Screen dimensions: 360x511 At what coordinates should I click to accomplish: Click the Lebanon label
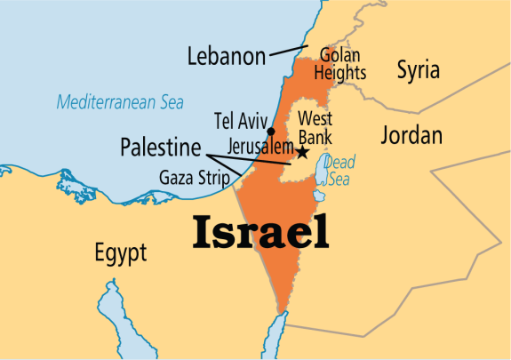tap(226, 57)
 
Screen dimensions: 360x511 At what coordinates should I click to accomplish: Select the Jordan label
tap(410, 135)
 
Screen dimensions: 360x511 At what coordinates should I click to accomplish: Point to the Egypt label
tap(120, 253)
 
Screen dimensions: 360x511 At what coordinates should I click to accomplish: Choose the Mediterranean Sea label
tap(120, 102)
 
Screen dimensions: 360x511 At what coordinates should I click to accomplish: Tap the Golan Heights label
tap(338, 64)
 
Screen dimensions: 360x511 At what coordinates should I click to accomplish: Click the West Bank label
tap(315, 126)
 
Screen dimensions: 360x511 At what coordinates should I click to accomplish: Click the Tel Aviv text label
tap(240, 119)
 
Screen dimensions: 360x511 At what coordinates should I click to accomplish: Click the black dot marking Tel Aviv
tap(270, 131)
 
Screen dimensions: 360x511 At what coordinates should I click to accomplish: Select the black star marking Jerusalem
tap(302, 153)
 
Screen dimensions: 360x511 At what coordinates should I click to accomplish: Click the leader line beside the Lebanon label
tap(287, 52)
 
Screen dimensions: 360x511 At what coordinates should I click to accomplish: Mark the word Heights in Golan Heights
tap(341, 73)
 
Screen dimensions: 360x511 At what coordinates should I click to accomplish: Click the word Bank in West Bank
tap(315, 135)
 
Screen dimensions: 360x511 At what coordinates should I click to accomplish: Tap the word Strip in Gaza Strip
tap(212, 177)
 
